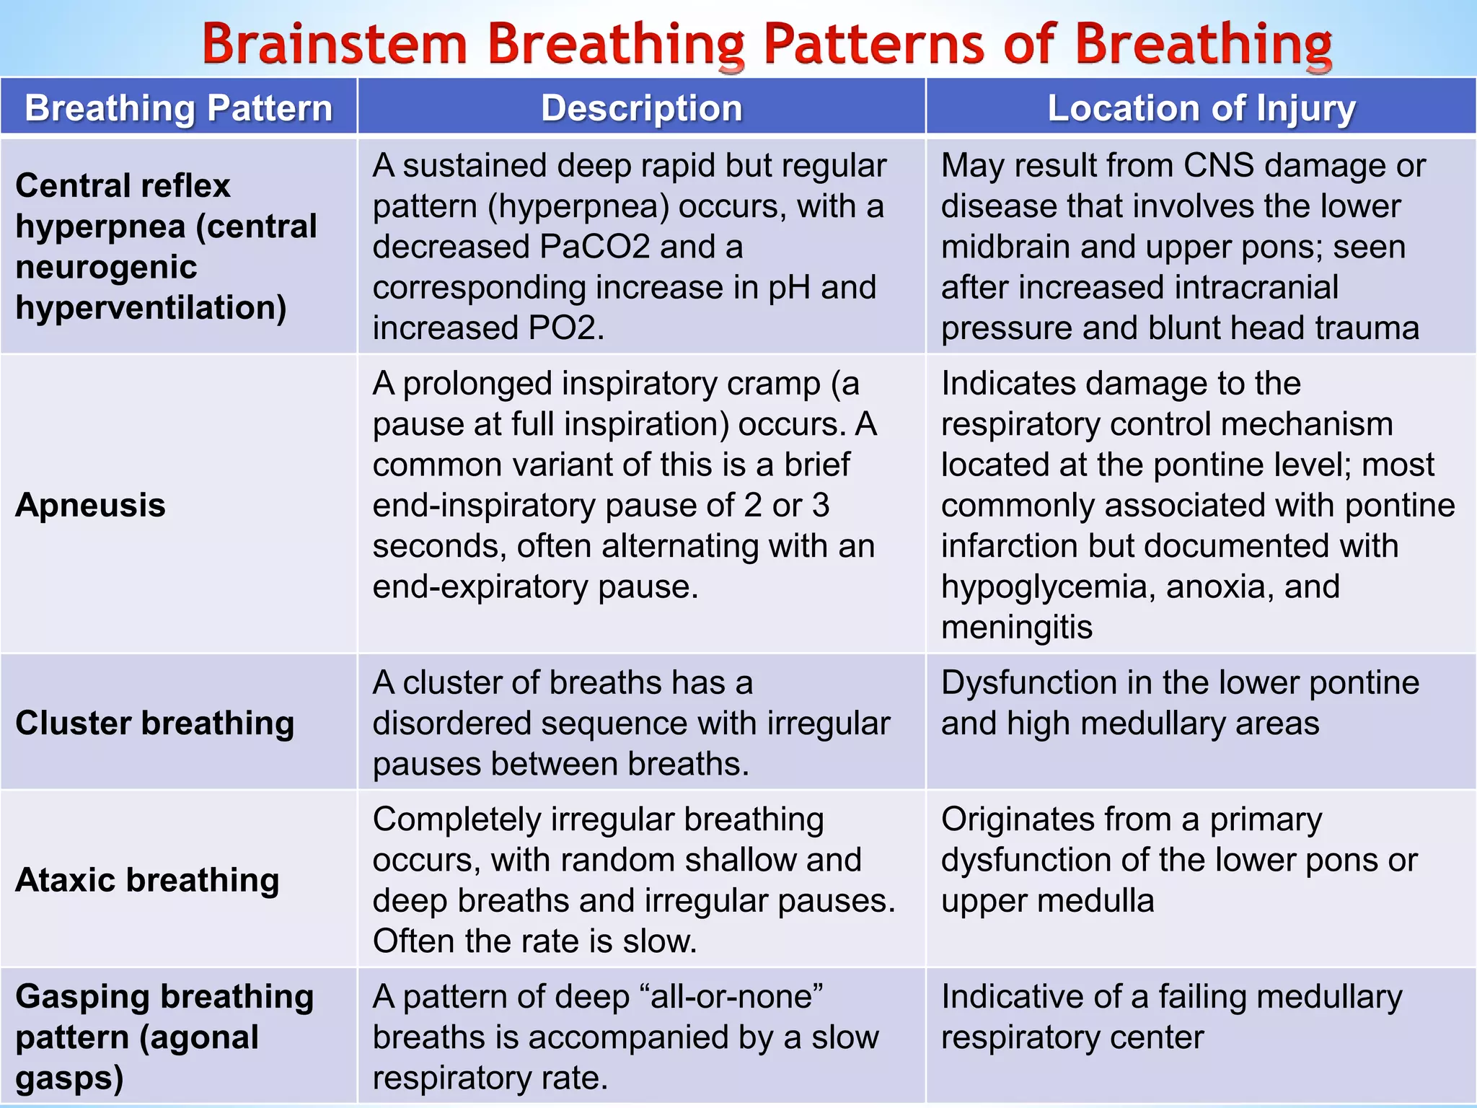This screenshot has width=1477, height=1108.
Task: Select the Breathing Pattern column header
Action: [x=179, y=108]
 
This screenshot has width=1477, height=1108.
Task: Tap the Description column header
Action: [x=641, y=108]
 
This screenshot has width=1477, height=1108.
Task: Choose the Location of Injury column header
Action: [x=1202, y=108]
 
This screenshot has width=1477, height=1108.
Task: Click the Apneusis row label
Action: [x=91, y=505]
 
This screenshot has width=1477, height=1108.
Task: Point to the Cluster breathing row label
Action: [x=155, y=723]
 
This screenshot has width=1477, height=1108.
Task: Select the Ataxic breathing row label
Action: [x=148, y=880]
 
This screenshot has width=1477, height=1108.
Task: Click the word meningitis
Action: [x=1017, y=627]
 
